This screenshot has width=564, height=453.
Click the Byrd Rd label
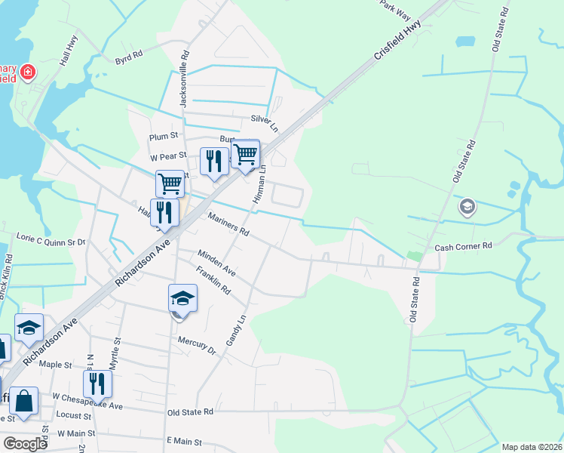(x=129, y=57)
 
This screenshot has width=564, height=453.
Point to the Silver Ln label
(x=265, y=120)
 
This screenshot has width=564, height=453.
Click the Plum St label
(x=163, y=137)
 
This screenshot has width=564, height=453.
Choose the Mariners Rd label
(x=228, y=224)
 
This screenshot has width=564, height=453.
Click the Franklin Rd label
(x=213, y=280)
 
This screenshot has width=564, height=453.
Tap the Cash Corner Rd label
(x=463, y=247)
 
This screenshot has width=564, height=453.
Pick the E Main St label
(x=184, y=441)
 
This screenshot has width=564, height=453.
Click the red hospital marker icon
(x=27, y=73)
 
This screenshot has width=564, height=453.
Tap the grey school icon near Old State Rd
(x=467, y=206)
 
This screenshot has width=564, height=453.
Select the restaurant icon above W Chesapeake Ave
(x=97, y=384)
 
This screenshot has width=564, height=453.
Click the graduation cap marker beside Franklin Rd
(x=182, y=299)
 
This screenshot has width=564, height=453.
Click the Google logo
(x=26, y=443)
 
